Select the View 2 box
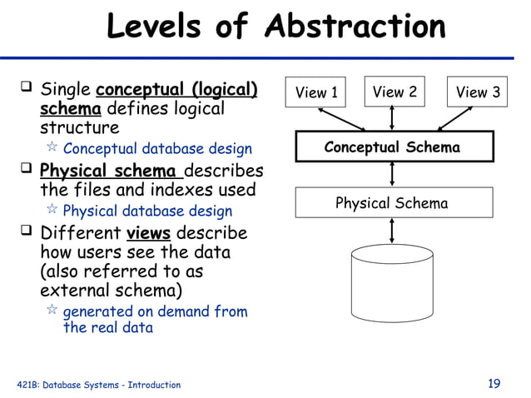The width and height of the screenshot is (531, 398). [x=394, y=92]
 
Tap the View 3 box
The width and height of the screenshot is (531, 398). [x=477, y=92]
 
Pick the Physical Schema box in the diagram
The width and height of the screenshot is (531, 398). [x=391, y=202]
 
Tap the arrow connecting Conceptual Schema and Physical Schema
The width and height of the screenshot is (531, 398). [x=392, y=175]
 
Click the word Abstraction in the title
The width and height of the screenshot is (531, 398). [x=355, y=27]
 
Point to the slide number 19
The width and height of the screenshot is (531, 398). [x=494, y=384]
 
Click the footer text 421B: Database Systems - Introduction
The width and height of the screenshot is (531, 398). [x=98, y=385]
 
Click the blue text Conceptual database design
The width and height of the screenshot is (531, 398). [x=157, y=150]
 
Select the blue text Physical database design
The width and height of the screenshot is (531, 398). [x=147, y=211]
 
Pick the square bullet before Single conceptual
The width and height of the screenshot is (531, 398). [x=27, y=87]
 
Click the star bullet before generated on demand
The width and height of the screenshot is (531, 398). [x=51, y=311]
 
